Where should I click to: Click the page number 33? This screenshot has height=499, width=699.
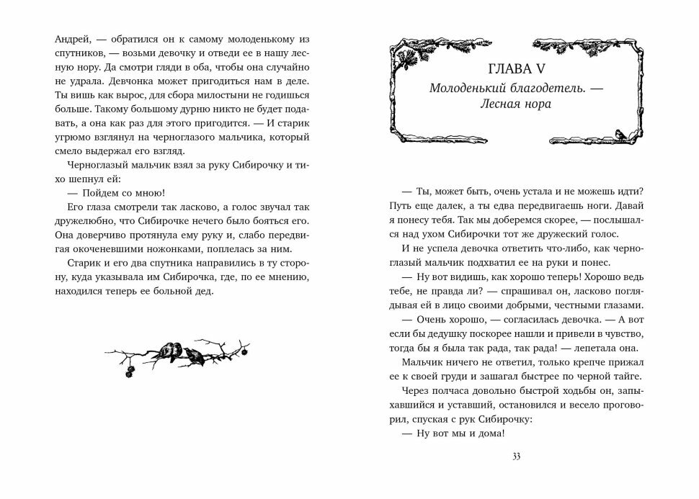pyautogui.click(x=515, y=457)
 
